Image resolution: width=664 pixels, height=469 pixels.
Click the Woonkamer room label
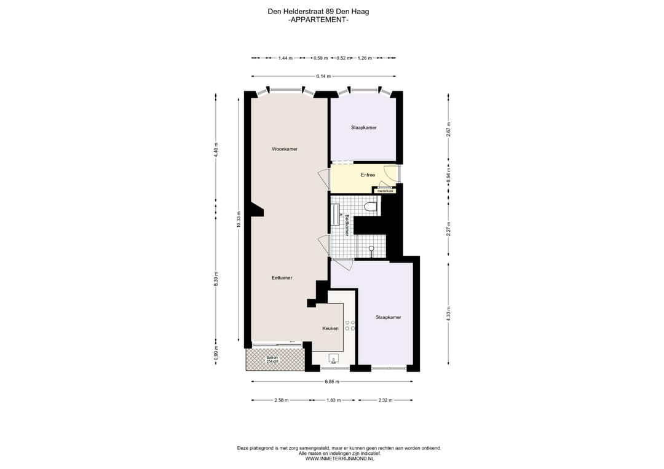[x=285, y=149]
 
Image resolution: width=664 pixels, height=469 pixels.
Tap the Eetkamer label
[x=282, y=278]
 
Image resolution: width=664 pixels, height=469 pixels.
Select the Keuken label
[x=330, y=328]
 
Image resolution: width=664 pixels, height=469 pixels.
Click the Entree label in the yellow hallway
[x=368, y=175]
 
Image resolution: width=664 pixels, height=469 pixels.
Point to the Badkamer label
[x=347, y=225]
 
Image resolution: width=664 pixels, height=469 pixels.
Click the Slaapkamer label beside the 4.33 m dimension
[x=388, y=317]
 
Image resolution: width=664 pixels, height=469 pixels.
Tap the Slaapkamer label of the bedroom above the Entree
[x=363, y=127]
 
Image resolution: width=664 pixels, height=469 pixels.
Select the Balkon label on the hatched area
[x=272, y=359]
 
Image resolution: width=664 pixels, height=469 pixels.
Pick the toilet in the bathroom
[x=370, y=207]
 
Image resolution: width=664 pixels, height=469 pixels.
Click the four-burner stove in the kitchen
[x=350, y=326]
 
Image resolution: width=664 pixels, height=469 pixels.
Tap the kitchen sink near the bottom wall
[x=334, y=358]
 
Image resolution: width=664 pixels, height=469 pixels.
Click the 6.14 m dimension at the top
[x=323, y=76]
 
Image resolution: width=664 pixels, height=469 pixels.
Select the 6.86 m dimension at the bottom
[x=331, y=382]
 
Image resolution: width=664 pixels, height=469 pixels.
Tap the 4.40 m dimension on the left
[x=216, y=150]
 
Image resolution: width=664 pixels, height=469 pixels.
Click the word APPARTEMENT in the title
[x=318, y=20]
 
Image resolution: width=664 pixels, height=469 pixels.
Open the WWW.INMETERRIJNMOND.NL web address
[x=339, y=459]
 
